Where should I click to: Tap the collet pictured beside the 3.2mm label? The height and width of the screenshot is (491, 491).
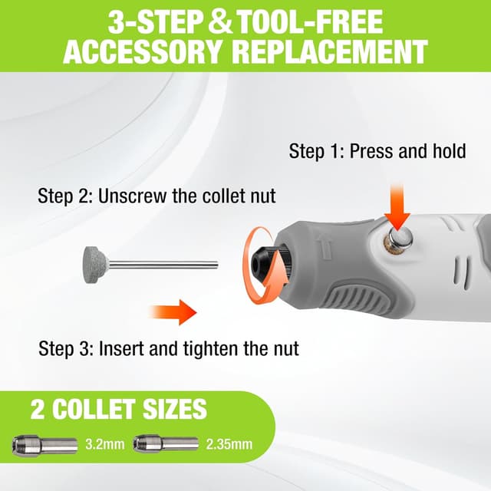(x=44, y=444)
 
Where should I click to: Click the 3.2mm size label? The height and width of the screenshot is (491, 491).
(x=103, y=444)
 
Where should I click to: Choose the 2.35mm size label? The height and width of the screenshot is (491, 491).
(x=228, y=444)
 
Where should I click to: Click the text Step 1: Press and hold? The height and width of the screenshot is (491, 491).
(x=377, y=151)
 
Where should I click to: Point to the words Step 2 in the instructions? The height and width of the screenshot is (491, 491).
(x=60, y=196)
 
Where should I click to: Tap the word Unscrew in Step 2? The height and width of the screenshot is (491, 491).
(x=127, y=196)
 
